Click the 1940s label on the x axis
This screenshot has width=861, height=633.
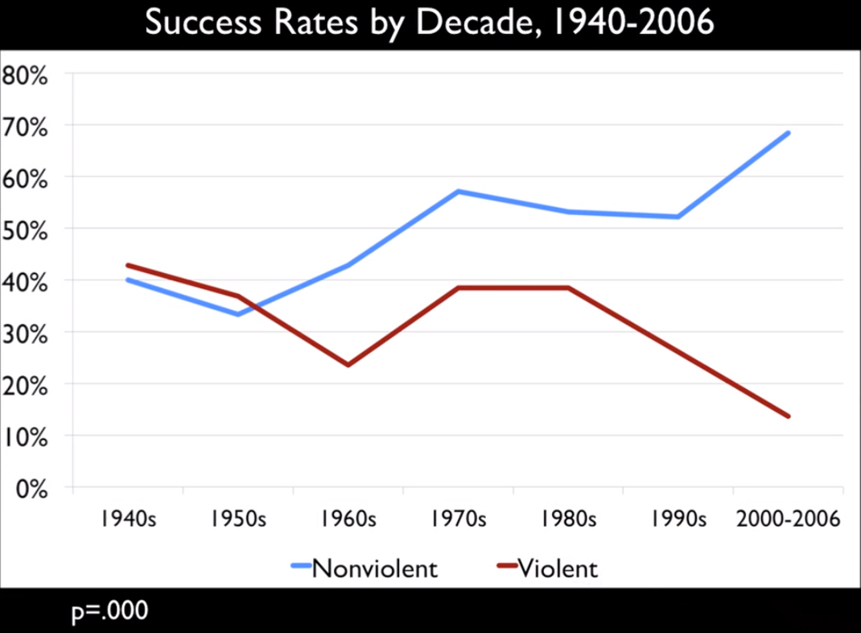point(129,519)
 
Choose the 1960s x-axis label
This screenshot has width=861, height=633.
point(348,519)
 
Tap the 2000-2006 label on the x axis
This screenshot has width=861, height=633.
point(788,519)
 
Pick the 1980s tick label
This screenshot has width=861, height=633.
point(568,519)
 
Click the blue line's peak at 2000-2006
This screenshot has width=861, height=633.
point(788,133)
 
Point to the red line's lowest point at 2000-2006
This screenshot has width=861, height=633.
point(788,416)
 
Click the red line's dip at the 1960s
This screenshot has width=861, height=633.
point(348,365)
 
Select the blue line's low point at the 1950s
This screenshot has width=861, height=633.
point(238,314)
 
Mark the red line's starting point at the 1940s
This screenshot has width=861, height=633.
point(129,265)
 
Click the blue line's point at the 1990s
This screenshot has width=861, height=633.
point(678,217)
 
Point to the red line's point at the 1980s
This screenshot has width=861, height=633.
point(568,288)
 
